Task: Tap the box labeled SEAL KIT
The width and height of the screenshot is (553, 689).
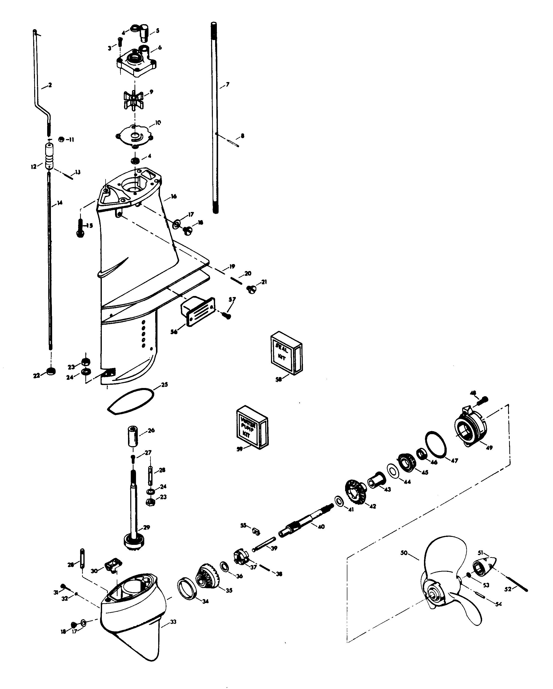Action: coord(286,353)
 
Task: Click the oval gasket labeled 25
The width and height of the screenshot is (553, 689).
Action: coord(130,401)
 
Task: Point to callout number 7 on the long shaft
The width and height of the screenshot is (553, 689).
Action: coord(227,85)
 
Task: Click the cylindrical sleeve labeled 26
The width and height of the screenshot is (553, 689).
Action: coord(133,436)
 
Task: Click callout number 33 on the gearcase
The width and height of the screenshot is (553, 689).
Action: coord(173,622)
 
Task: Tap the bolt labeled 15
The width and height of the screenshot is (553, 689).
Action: coord(80,227)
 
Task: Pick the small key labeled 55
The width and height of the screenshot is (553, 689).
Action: coord(256,531)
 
